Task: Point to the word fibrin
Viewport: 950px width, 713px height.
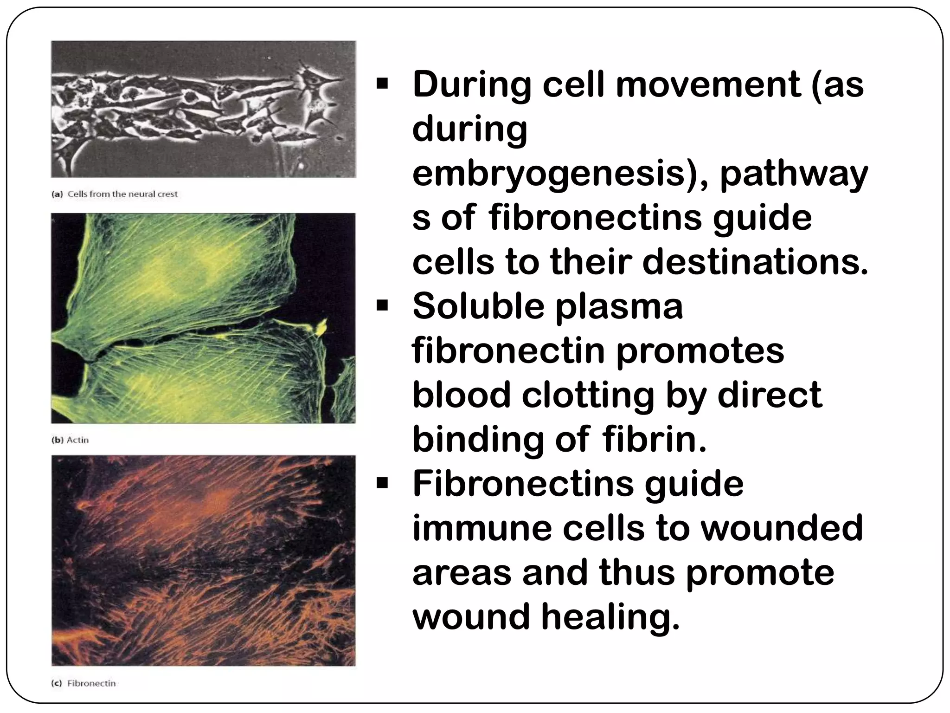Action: [654, 439]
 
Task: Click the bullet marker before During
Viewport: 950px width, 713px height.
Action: [382, 85]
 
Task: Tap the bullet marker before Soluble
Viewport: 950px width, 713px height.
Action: [382, 306]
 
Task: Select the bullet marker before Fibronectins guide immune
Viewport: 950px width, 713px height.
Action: [382, 484]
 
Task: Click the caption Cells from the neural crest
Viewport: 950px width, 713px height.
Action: [122, 194]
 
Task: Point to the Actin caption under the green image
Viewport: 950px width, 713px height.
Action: [77, 440]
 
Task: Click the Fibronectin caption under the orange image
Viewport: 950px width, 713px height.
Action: [91, 683]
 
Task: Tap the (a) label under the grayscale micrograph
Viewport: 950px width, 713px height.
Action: [57, 194]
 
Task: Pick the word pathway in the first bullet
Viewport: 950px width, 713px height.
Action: [794, 175]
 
